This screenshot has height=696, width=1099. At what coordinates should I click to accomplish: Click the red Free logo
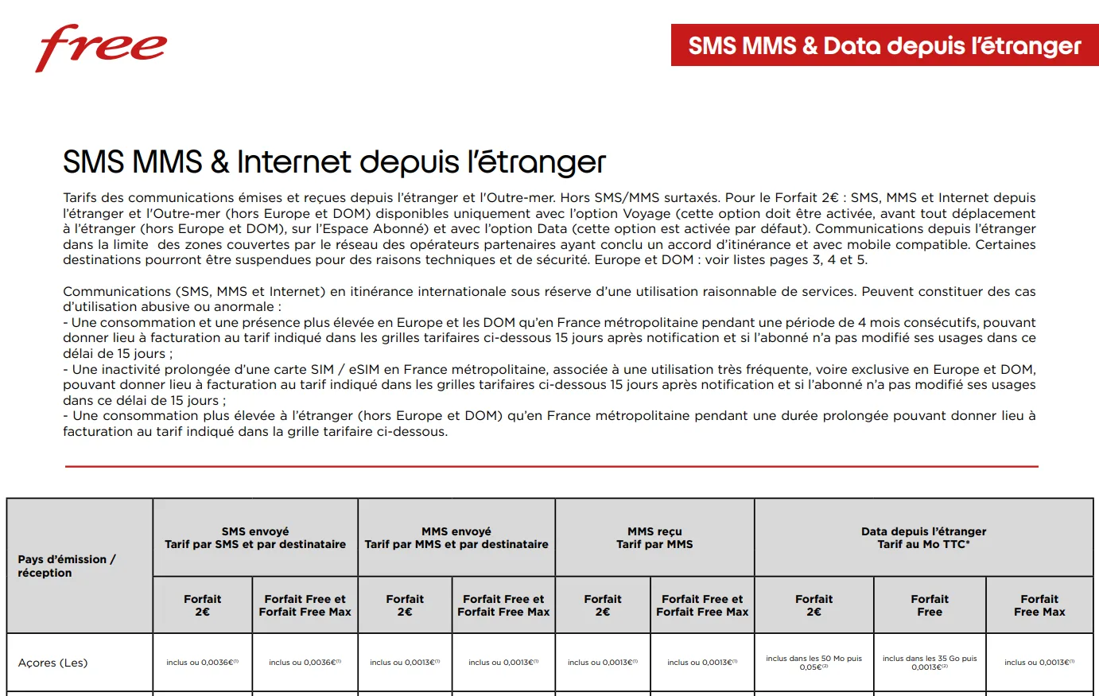(101, 48)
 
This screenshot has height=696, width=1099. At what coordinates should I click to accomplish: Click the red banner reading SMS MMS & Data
(884, 45)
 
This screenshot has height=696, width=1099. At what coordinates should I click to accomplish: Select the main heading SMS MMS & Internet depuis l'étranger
(334, 162)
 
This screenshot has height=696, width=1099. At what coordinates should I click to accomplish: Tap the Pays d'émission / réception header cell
(67, 566)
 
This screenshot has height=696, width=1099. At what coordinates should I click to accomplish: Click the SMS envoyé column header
(255, 538)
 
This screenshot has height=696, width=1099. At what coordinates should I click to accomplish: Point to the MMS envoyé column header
(456, 538)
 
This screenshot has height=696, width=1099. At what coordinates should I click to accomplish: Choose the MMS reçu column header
(654, 538)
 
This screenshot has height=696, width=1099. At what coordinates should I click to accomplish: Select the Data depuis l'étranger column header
(923, 538)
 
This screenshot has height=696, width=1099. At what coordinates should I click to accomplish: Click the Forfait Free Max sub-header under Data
(1039, 605)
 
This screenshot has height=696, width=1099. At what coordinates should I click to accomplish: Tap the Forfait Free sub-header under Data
(930, 605)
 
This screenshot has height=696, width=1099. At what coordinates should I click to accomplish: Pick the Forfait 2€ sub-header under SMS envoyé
(202, 605)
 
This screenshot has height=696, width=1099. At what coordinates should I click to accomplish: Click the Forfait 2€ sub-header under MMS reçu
(603, 605)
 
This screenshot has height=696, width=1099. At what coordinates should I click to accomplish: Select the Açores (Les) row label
(53, 663)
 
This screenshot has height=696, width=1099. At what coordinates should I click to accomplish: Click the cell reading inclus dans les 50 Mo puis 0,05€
(814, 663)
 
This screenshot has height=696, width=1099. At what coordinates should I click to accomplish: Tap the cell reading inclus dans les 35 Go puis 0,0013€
(930, 663)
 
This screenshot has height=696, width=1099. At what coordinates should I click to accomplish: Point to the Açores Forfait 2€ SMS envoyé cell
(202, 662)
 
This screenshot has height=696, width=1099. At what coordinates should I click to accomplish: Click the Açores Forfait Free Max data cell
(1039, 662)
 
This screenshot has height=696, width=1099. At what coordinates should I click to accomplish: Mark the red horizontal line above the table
(551, 466)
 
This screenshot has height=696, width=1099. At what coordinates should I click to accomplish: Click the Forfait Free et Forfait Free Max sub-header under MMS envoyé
(503, 605)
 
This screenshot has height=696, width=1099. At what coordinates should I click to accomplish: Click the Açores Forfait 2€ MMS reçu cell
(603, 662)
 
